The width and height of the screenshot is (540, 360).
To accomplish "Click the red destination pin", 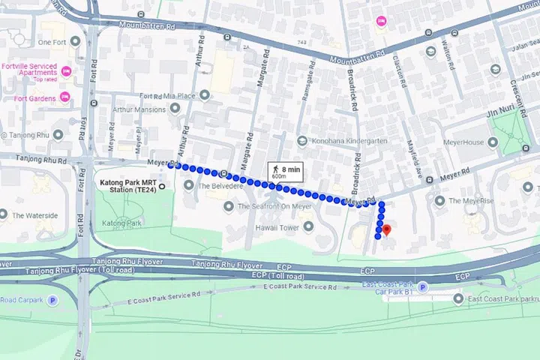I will [386, 229].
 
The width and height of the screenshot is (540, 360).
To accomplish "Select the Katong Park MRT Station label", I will [128, 185].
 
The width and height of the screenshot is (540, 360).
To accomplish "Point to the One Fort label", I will [53, 43].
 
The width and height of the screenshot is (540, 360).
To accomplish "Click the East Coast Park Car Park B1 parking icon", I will [422, 286].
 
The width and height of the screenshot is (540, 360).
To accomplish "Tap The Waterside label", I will [34, 216].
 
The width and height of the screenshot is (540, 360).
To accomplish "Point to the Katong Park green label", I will [122, 223].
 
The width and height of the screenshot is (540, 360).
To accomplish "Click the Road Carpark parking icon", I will [52, 300].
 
